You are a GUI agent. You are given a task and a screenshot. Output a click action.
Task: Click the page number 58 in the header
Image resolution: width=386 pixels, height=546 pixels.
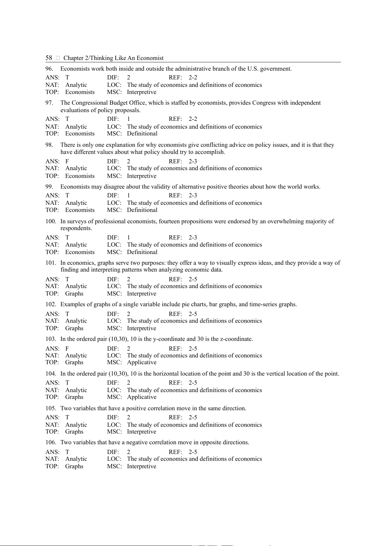click(49, 58)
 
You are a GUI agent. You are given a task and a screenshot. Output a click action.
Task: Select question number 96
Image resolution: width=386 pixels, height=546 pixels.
click(49, 69)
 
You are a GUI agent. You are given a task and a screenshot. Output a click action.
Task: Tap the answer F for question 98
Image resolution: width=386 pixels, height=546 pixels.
click(67, 161)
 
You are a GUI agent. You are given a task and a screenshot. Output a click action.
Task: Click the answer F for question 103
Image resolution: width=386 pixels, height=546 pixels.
click(67, 349)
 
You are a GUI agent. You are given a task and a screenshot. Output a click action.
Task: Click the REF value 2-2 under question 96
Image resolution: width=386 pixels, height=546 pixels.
click(193, 77)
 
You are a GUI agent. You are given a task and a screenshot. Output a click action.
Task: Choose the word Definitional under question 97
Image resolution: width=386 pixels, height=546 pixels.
click(142, 134)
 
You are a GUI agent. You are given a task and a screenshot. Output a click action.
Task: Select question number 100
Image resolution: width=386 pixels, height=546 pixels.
click(51, 221)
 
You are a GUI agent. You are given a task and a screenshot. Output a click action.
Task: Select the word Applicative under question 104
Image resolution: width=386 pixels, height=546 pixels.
click(142, 397)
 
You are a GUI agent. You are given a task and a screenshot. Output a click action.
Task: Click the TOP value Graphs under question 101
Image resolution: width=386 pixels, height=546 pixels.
click(74, 294)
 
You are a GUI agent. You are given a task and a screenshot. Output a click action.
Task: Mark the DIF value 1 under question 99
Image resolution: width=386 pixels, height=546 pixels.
click(128, 195)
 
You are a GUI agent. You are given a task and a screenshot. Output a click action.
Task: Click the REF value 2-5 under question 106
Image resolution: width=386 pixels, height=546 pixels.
click(193, 452)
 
